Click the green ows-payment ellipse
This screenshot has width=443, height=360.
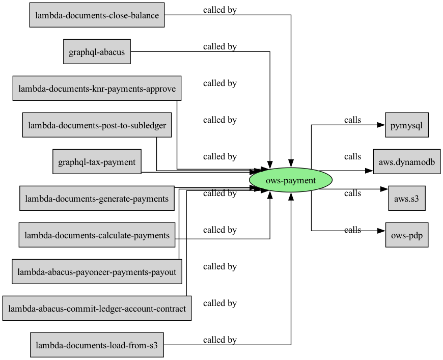point(291,180)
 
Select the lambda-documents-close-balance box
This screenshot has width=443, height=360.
point(97,15)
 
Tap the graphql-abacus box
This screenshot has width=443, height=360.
point(97,52)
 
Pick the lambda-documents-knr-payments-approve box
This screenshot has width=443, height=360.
point(97,88)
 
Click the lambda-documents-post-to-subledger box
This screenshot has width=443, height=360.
point(97,125)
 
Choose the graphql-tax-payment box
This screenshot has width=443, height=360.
point(97,161)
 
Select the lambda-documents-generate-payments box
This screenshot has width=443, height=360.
point(97,198)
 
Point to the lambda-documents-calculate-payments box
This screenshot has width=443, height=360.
point(97,235)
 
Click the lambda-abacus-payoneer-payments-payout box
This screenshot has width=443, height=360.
point(97,271)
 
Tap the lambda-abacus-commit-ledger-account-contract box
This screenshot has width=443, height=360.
point(97,308)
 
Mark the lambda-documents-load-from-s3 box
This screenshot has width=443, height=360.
point(97,345)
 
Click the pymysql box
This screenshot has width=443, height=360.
point(407,125)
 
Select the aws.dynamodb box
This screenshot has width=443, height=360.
point(407,161)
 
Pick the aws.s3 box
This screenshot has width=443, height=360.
point(407,198)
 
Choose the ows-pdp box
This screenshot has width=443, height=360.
point(407,235)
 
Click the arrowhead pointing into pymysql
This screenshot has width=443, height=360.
point(381,125)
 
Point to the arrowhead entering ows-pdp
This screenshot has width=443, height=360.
point(382,231)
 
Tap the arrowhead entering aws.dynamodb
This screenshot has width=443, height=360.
point(370,171)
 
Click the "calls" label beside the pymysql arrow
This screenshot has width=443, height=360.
point(352,120)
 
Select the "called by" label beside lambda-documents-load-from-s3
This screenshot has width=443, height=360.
point(220,340)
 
